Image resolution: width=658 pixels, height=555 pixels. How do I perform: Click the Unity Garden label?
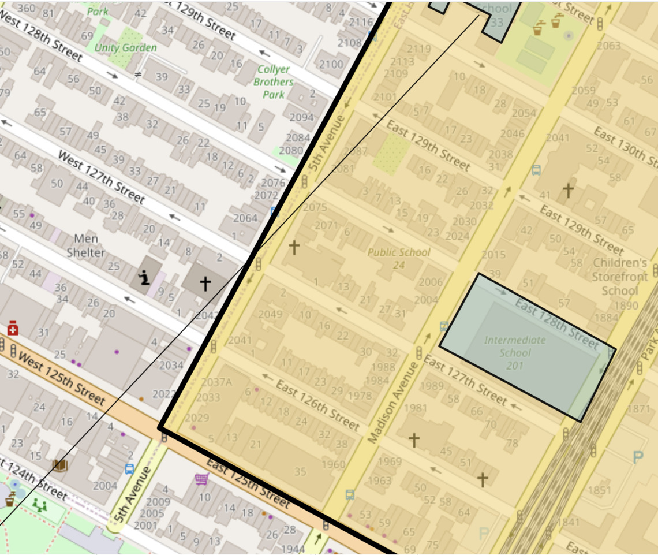tap(125, 48)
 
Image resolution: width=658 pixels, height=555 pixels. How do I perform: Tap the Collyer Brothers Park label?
tap(273, 81)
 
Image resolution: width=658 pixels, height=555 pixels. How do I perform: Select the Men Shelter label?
tap(86, 245)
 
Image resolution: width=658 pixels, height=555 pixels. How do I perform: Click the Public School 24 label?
tap(399, 258)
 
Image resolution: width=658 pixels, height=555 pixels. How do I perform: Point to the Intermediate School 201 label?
tap(514, 352)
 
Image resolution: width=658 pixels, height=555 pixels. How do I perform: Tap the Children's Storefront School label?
tap(620, 277)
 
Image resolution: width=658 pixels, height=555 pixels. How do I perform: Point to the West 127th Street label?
tap(101, 176)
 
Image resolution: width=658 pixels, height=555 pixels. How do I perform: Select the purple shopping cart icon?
tap(201, 479)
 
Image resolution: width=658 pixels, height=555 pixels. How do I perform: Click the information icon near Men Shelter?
tap(144, 278)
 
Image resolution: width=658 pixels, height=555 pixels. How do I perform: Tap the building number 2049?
tap(270, 314)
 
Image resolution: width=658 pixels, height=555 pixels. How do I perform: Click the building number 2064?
tap(245, 218)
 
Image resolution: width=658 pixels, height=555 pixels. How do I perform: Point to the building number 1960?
tap(333, 464)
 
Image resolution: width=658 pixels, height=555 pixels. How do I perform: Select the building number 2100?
tap(331, 64)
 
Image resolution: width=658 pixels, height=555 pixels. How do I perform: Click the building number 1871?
tap(638, 409)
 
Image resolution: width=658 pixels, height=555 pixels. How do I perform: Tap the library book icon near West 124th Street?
tap(59, 465)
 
